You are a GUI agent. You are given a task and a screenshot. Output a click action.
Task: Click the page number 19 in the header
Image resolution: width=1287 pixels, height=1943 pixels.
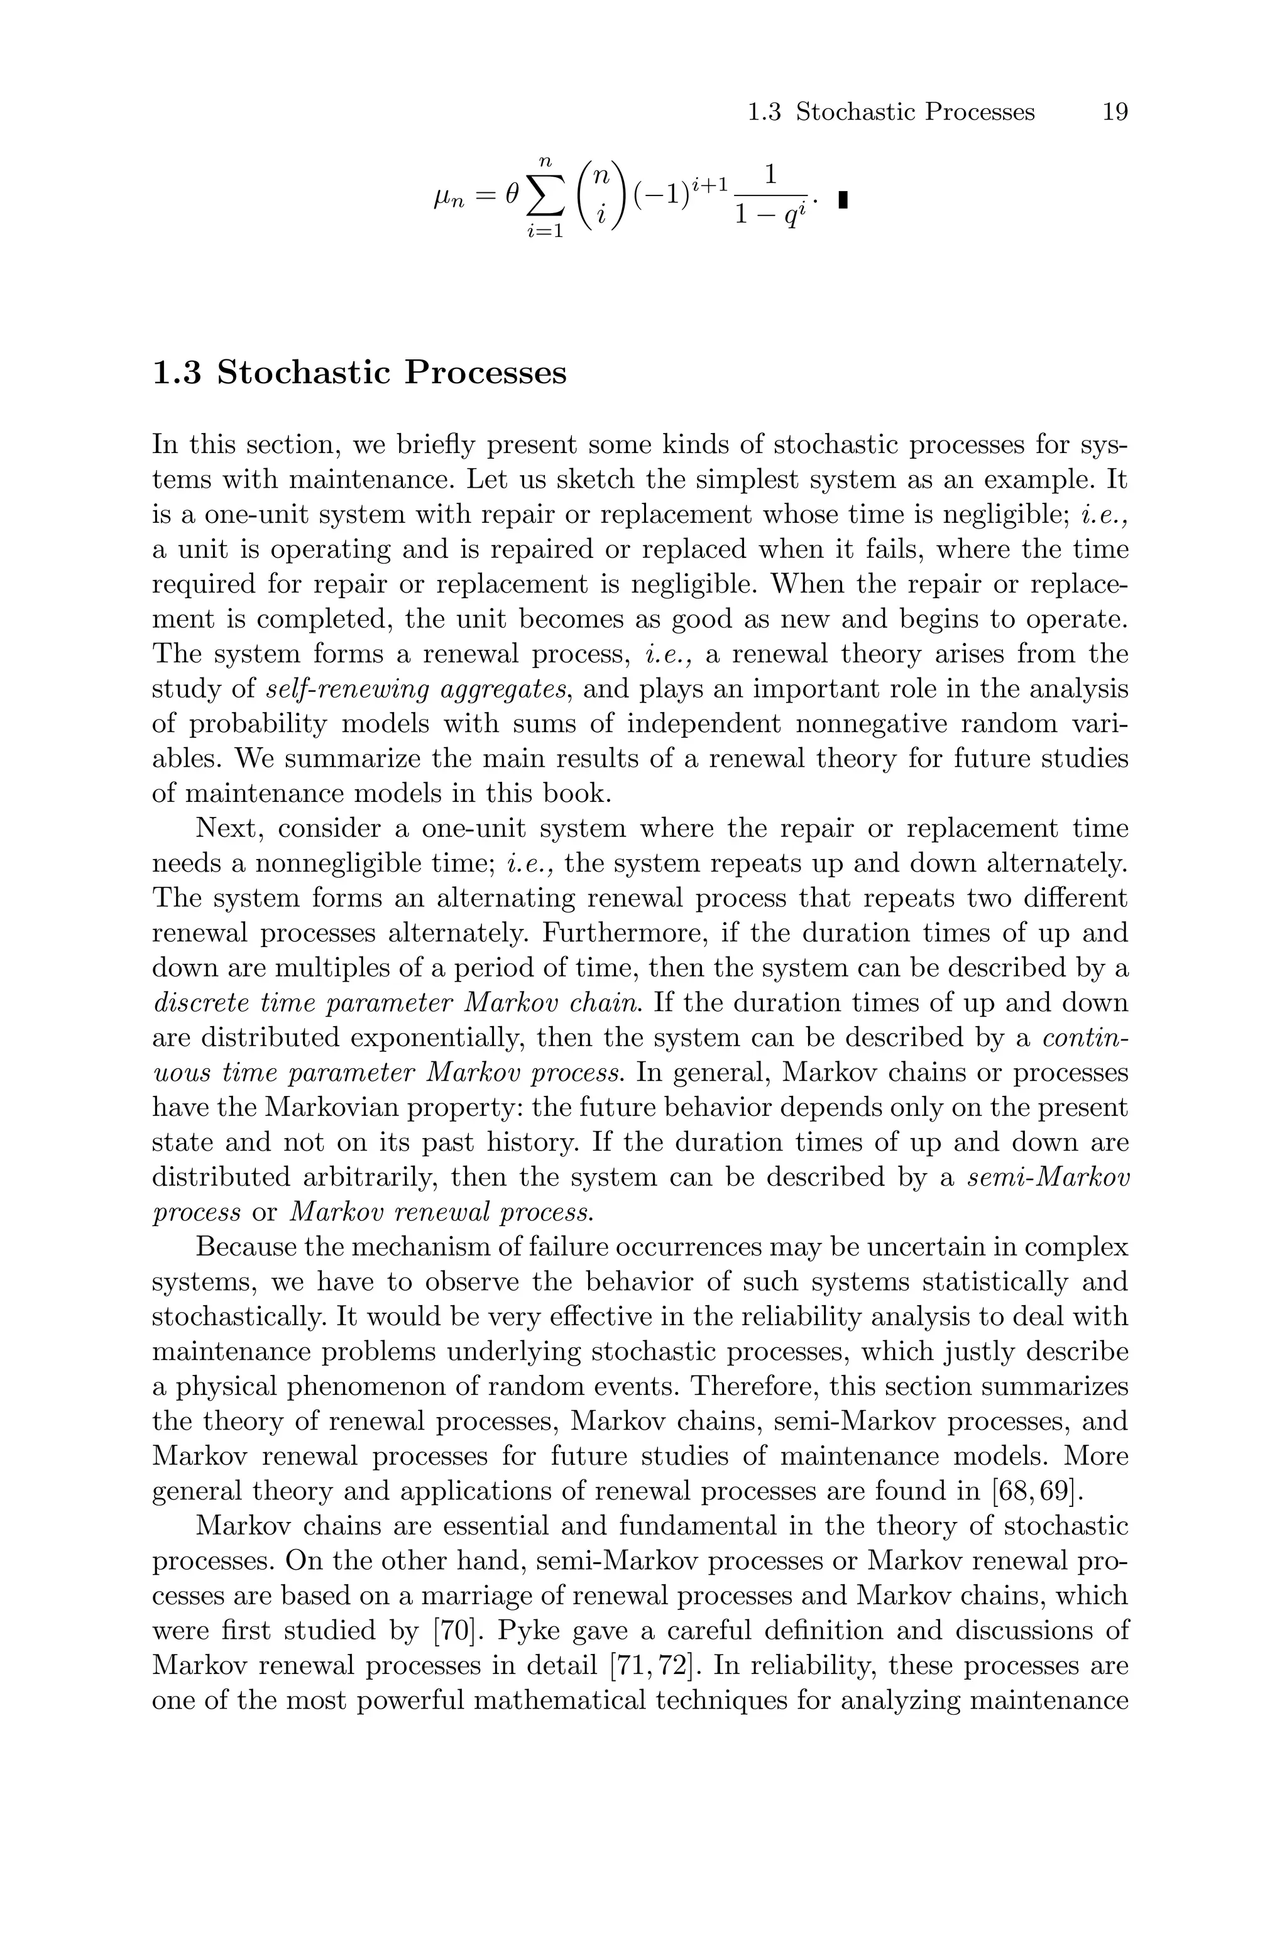click(1114, 112)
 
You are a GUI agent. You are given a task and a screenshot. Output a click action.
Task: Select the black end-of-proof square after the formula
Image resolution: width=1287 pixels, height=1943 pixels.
click(842, 199)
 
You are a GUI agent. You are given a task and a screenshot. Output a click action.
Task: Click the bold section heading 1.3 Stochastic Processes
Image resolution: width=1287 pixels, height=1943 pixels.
click(359, 373)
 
